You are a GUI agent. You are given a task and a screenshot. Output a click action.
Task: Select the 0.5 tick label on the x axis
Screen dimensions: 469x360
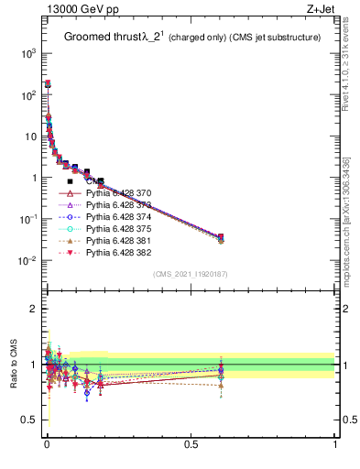[191, 444]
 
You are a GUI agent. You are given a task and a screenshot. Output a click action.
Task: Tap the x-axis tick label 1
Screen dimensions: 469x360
[335, 444]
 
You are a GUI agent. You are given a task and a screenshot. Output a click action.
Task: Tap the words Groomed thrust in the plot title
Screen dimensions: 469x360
[98, 38]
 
